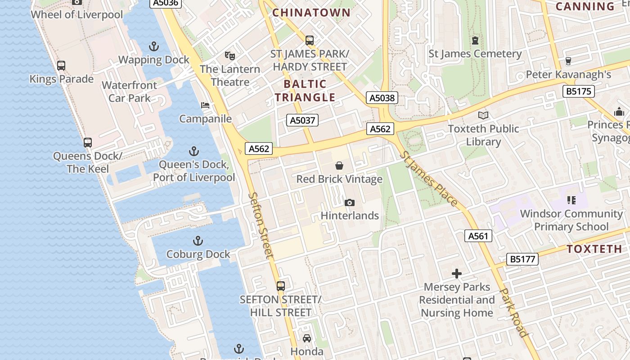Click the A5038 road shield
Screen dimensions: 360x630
click(x=382, y=98)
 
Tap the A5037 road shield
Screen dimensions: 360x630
click(x=302, y=120)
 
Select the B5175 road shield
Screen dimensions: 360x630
click(x=579, y=92)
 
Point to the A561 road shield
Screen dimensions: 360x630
click(x=478, y=236)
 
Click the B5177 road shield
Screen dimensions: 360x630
click(x=522, y=259)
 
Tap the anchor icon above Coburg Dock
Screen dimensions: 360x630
click(x=198, y=241)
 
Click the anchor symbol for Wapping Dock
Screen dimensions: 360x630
click(x=154, y=46)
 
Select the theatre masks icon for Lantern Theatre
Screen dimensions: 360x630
click(x=230, y=56)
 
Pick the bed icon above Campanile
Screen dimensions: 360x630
click(x=205, y=105)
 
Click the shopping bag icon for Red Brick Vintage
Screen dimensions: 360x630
click(x=339, y=166)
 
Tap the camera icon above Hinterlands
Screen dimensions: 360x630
click(x=349, y=202)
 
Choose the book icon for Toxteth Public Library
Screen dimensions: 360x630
click(x=483, y=115)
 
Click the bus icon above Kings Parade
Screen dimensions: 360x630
click(x=61, y=66)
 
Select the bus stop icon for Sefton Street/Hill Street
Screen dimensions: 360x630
click(x=281, y=286)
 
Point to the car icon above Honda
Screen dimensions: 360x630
click(x=307, y=338)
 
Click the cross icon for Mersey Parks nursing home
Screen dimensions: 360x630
click(x=457, y=273)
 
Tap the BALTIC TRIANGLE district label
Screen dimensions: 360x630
click(x=305, y=90)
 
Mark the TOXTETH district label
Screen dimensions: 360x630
click(x=594, y=249)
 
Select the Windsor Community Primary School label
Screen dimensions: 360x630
click(x=571, y=220)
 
